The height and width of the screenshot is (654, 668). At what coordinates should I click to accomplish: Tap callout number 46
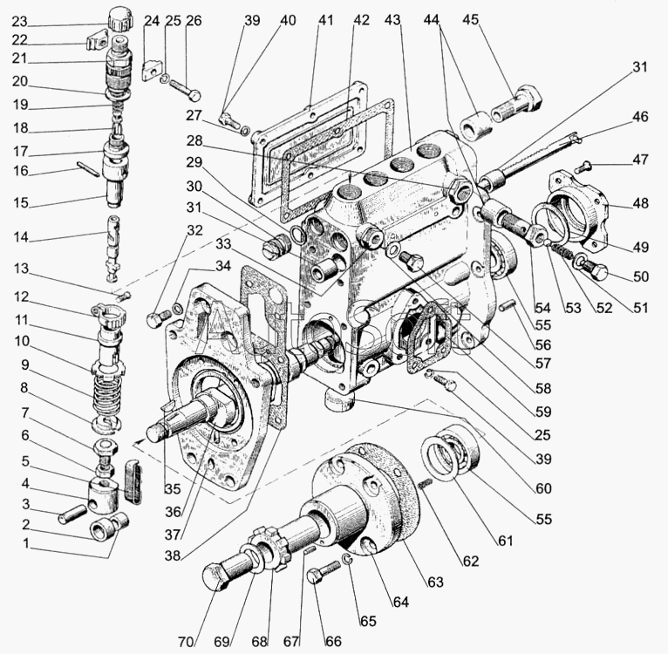(x=640, y=115)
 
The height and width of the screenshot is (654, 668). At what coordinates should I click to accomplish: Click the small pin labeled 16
(x=91, y=167)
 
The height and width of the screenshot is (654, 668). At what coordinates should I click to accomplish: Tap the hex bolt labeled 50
(x=596, y=270)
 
